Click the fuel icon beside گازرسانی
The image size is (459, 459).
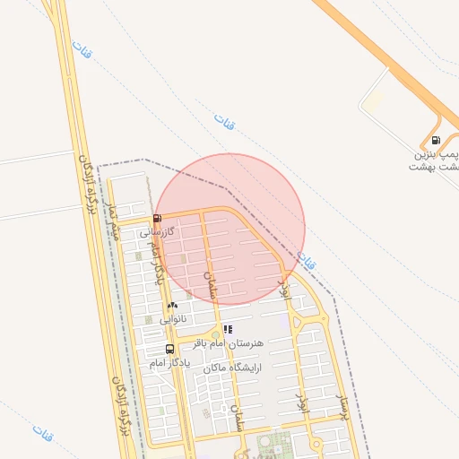point(158,218)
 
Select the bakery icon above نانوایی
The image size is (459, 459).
point(172,306)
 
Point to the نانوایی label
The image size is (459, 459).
point(172,319)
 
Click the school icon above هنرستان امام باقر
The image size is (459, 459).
point(227,330)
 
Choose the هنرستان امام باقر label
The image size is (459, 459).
point(230,343)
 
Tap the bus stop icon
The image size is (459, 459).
point(169,349)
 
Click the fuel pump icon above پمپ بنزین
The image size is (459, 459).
point(436,140)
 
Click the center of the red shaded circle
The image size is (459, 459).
point(230,228)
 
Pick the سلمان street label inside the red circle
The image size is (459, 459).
point(212,285)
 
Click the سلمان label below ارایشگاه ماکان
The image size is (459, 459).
point(238,420)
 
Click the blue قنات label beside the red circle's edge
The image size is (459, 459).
point(307,261)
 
